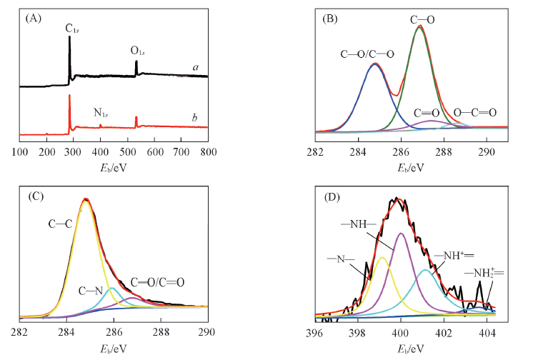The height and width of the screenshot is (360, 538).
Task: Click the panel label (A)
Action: tap(33, 19)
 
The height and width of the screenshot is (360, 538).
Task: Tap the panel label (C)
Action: tap(33, 196)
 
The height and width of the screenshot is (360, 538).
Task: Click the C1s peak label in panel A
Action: tap(72, 29)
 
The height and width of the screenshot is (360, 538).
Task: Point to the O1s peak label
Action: tap(139, 51)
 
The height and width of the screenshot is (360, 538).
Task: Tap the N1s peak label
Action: tap(101, 113)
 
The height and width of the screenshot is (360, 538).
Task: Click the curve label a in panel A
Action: tap(194, 67)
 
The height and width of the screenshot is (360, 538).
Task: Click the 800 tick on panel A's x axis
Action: tap(208, 153)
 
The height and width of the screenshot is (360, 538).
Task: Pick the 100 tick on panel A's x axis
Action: tap(19, 153)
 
